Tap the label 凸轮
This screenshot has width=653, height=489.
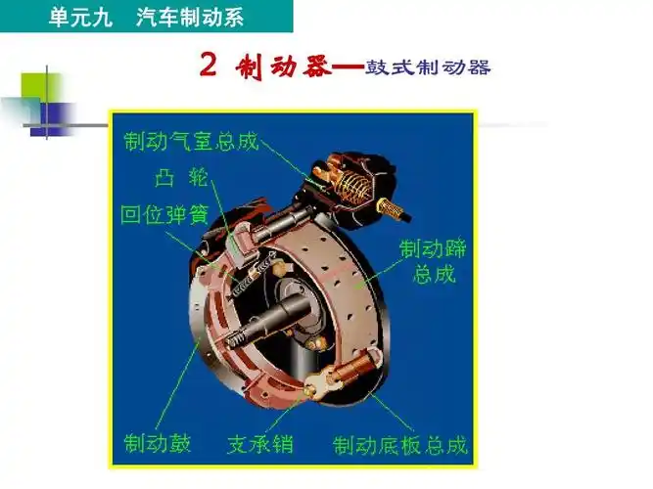(176, 179)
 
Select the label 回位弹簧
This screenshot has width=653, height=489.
(163, 214)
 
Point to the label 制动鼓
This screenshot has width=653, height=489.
(157, 443)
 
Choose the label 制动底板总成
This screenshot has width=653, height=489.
(399, 445)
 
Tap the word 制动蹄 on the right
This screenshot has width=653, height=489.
(432, 249)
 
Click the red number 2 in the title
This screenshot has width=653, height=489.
(208, 66)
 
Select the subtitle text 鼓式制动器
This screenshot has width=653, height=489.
(428, 68)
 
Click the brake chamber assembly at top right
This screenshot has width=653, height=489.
(348, 181)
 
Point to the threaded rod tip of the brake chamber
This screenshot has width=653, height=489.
(397, 207)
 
